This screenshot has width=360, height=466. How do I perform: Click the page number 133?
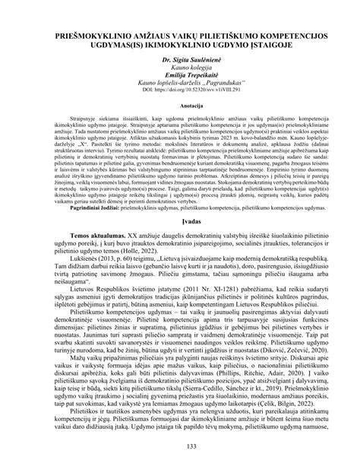tap(179, 443)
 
